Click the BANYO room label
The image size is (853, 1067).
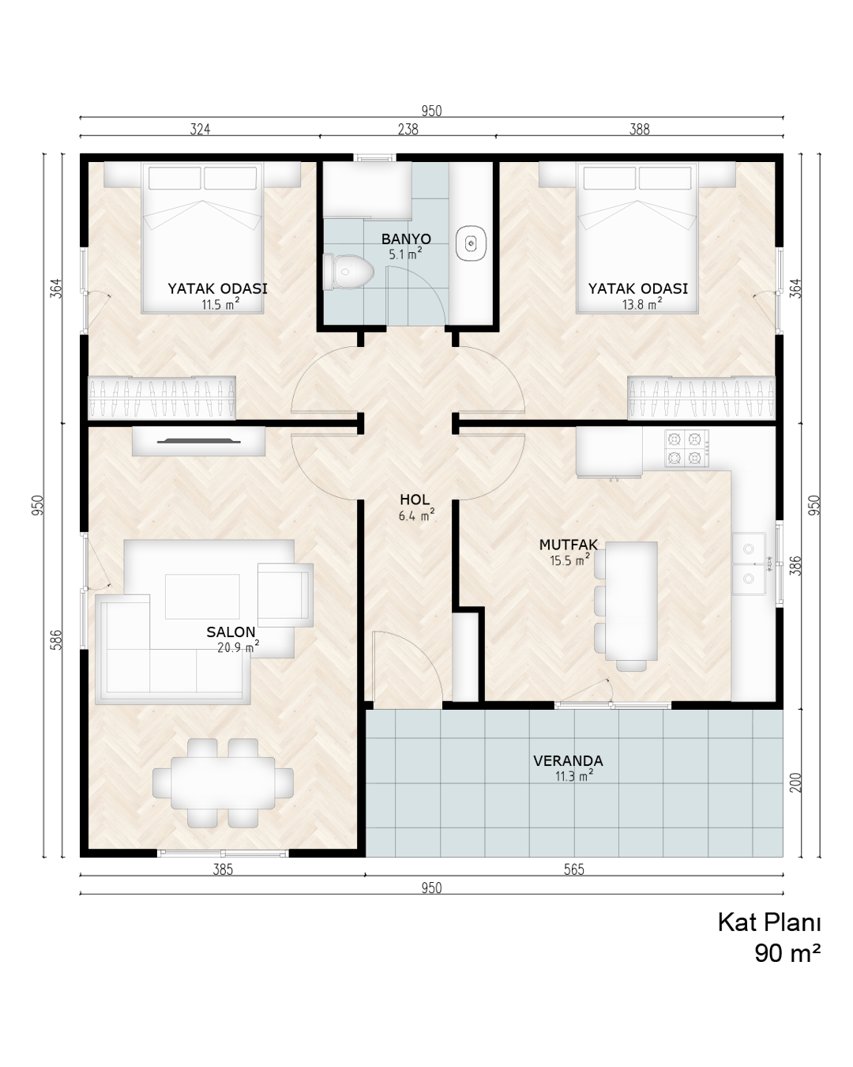click(x=406, y=239)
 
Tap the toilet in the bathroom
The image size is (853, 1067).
click(x=348, y=272)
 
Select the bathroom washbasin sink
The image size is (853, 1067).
click(x=471, y=243)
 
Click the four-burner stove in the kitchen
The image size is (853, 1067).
click(x=686, y=448)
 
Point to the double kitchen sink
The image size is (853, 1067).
click(x=749, y=564)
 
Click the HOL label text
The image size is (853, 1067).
click(x=415, y=500)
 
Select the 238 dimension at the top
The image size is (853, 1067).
click(x=408, y=130)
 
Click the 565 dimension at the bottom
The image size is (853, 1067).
click(x=574, y=883)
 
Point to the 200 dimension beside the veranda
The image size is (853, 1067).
click(x=795, y=783)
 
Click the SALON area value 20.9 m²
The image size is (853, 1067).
click(x=238, y=647)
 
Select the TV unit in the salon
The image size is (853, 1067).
click(x=198, y=441)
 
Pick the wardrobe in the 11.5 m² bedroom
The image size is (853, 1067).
click(x=162, y=398)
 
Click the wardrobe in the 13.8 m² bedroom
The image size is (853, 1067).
click(x=701, y=398)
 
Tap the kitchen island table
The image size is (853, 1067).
click(x=631, y=601)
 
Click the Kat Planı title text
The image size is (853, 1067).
click(x=769, y=923)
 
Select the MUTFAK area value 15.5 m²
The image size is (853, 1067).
click(x=569, y=560)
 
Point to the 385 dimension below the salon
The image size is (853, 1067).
click(x=223, y=883)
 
